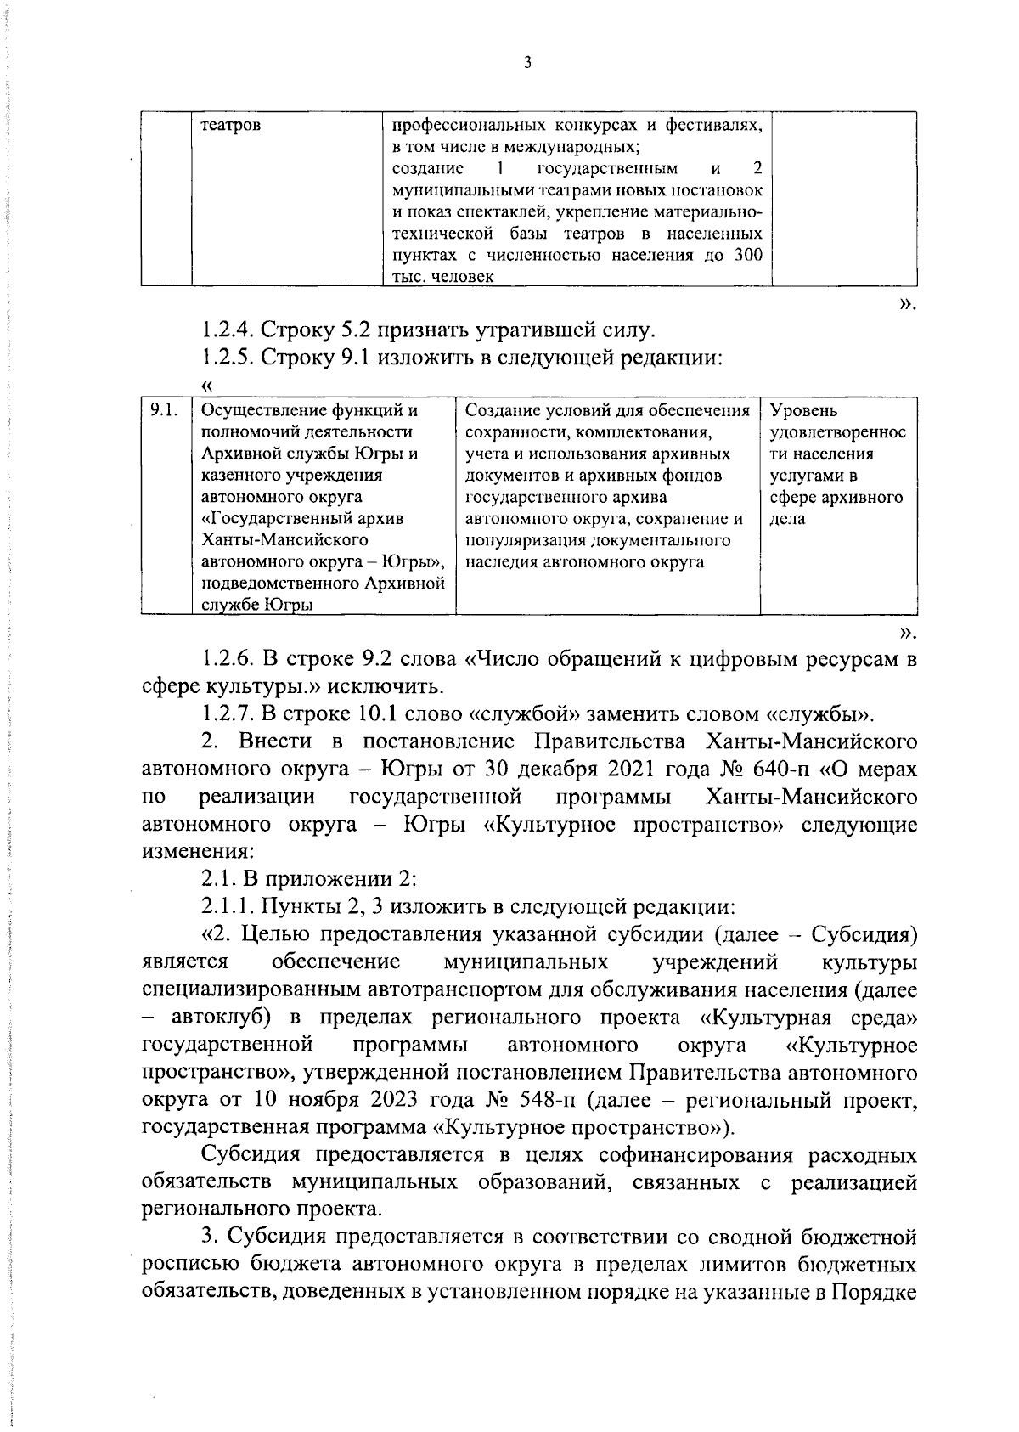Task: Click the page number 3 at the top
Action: [x=526, y=63]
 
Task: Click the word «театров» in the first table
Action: [x=230, y=126]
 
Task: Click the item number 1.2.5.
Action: [x=228, y=358]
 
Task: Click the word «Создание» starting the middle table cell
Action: [x=503, y=411]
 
